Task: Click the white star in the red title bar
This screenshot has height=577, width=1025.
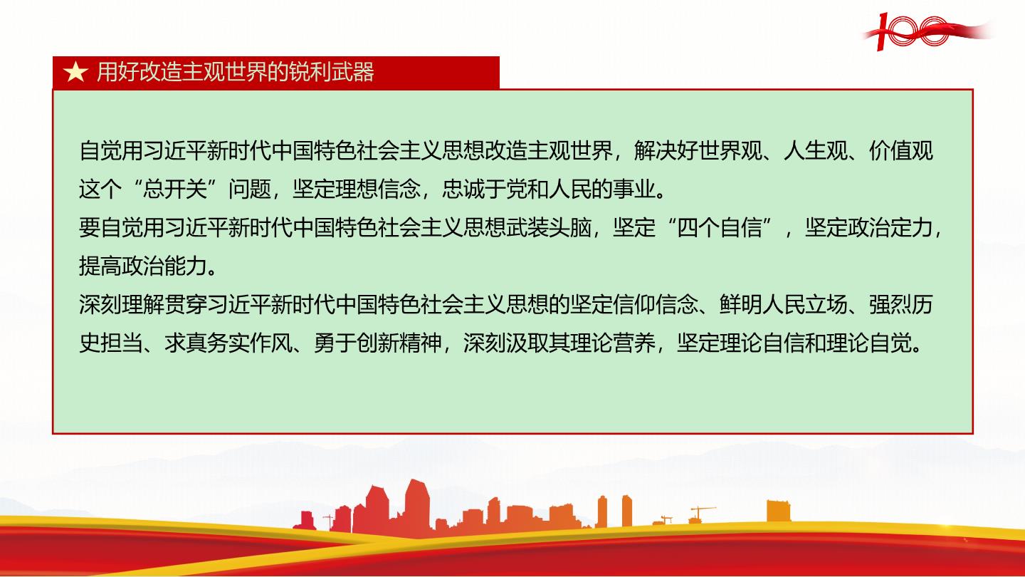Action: pyautogui.click(x=75, y=73)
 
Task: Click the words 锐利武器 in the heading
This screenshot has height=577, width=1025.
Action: pyautogui.click(x=331, y=73)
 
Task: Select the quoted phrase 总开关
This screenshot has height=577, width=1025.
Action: pyautogui.click(x=175, y=189)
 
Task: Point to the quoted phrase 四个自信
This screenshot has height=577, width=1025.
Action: pyautogui.click(x=720, y=227)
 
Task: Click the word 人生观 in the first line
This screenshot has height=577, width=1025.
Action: pyautogui.click(x=816, y=150)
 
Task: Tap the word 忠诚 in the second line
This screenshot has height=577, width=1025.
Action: pyautogui.click(x=463, y=189)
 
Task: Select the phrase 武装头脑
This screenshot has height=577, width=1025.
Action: pyautogui.click(x=549, y=227)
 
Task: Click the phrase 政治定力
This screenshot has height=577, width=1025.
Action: pyautogui.click(x=890, y=227)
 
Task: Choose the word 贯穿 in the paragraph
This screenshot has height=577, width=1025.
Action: pyautogui.click(x=185, y=304)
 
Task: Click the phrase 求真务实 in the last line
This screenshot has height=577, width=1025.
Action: pyautogui.click(x=207, y=343)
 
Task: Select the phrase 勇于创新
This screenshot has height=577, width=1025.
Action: pyautogui.click(x=357, y=343)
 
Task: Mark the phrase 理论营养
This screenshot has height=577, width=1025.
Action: pyautogui.click(x=613, y=343)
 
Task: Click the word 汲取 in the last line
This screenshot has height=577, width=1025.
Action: pyautogui.click(x=527, y=343)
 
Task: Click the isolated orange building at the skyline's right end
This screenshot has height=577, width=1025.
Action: pyautogui.click(x=779, y=511)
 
